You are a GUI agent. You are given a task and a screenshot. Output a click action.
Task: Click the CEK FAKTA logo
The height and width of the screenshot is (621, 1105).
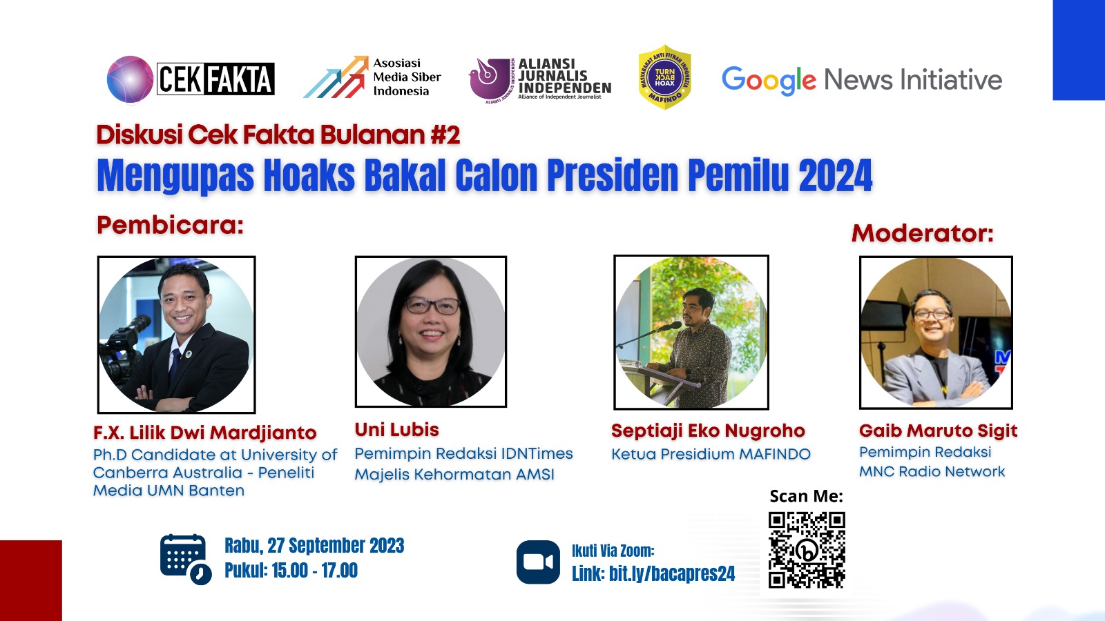point(191,79)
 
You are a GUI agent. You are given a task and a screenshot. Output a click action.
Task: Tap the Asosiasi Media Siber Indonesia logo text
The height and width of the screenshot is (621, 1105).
point(407,77)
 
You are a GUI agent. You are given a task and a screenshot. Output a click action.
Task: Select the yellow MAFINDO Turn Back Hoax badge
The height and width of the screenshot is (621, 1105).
point(664,77)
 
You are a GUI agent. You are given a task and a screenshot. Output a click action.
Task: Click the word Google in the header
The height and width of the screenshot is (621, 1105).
point(769,80)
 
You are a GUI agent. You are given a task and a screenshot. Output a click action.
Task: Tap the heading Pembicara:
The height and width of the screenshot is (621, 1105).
point(170,225)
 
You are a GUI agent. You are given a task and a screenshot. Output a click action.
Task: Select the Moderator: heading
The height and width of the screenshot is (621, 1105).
point(923,233)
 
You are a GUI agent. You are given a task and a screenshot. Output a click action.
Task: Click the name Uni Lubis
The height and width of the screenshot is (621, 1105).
point(396,430)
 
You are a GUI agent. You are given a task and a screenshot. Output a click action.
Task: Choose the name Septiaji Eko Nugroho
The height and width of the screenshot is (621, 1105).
point(708,431)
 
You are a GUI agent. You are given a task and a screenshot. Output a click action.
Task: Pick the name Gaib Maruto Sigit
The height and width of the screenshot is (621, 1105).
point(939,431)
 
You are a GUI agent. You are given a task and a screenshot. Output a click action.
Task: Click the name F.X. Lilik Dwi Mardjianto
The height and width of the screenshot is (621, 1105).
point(204,433)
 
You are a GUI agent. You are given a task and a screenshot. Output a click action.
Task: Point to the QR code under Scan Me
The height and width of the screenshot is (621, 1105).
point(807,550)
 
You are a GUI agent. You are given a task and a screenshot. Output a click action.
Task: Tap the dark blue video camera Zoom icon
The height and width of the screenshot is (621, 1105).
point(538,562)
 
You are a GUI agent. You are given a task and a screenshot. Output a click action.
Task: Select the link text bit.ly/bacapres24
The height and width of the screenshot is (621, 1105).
point(672,573)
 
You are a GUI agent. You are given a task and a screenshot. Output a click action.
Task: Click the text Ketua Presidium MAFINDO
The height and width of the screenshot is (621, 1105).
point(711,454)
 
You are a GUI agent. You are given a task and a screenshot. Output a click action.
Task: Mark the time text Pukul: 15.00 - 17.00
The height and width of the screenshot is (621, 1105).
point(291,570)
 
